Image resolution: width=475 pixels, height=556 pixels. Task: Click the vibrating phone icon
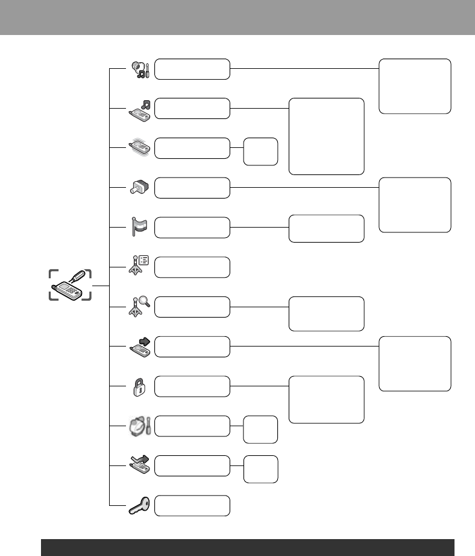(x=140, y=149)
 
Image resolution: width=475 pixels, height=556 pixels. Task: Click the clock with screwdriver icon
(x=139, y=426)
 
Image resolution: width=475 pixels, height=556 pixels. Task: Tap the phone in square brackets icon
(x=70, y=285)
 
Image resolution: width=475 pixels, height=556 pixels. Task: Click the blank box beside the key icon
(x=192, y=505)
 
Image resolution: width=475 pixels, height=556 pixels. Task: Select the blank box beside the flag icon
(x=192, y=227)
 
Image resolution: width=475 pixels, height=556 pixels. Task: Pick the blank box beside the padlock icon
(x=192, y=386)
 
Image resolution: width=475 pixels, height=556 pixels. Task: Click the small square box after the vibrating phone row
(x=260, y=152)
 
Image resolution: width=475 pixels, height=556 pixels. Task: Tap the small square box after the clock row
(x=260, y=429)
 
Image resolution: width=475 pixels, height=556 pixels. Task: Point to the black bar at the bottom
(x=247, y=547)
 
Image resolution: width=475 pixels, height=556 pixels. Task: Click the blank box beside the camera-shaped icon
(x=192, y=188)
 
